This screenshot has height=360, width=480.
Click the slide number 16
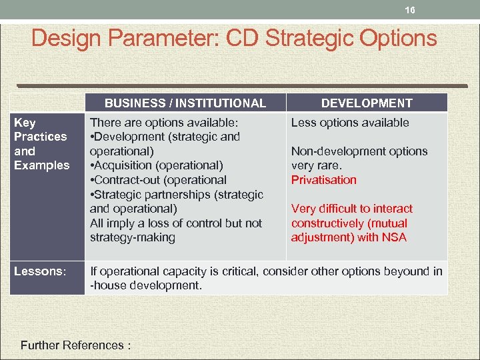[x=410, y=11]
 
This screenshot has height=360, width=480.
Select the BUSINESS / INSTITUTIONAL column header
[x=185, y=103]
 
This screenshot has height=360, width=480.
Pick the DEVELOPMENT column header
[x=367, y=103]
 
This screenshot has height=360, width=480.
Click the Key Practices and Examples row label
[x=41, y=143]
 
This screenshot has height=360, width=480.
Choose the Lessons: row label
[x=40, y=271]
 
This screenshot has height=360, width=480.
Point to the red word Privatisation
[x=324, y=180]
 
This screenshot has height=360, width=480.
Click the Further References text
[x=75, y=345]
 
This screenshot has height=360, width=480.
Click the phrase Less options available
[x=350, y=123]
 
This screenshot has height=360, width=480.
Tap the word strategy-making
[x=133, y=237]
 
